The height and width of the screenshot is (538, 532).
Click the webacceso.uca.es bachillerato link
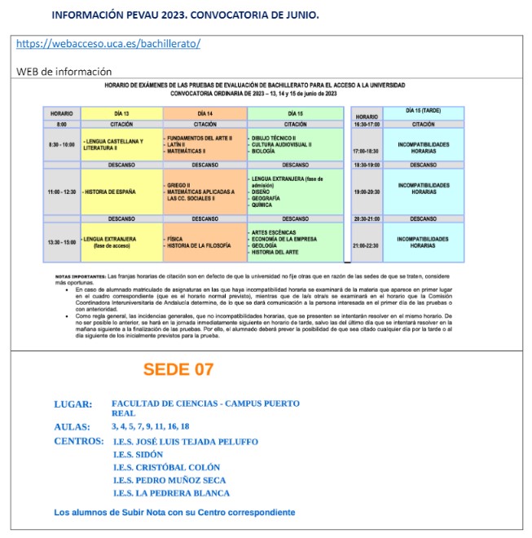[108, 43]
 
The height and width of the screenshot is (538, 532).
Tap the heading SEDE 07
[178, 369]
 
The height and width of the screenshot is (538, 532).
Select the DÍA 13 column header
[121, 112]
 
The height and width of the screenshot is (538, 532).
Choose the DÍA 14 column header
[204, 112]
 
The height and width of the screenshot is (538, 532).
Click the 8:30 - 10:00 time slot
[61, 143]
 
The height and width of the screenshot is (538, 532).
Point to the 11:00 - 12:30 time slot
[61, 192]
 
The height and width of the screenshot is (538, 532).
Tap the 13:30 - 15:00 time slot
[61, 242]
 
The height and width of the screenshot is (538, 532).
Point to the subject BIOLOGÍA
[269, 152]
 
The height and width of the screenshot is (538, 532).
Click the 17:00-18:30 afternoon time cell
[367, 152]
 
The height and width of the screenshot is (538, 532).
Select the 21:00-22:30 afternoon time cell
[367, 245]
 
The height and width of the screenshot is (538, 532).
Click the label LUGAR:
[73, 404]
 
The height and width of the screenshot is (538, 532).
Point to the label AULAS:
[73, 426]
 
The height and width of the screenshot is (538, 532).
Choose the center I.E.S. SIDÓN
[138, 454]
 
